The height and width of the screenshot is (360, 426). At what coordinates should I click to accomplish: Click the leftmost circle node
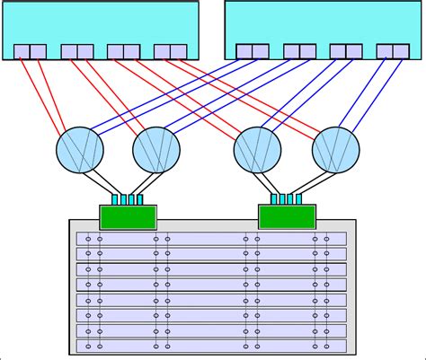(x=80, y=149)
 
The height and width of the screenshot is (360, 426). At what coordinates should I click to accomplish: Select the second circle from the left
(x=156, y=149)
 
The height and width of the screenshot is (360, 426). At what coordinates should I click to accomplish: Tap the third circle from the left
(x=258, y=149)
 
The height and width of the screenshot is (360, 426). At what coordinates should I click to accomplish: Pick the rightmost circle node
(x=335, y=149)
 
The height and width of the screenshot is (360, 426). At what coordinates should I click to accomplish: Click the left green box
(x=128, y=217)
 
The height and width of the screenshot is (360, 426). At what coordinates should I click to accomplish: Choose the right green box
(x=287, y=217)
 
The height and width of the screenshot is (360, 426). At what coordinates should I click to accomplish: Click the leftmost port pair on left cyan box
(x=30, y=51)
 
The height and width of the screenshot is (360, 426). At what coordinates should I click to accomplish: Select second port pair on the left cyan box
(x=77, y=51)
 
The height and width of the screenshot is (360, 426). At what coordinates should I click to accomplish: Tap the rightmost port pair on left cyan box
(x=170, y=51)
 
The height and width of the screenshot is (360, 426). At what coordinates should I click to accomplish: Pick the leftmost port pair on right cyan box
(x=252, y=51)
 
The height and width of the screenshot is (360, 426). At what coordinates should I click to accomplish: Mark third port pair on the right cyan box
(x=345, y=51)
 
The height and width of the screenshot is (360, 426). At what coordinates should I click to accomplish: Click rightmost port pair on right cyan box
(x=392, y=51)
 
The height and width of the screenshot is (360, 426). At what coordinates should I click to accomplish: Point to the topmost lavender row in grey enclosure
(x=211, y=239)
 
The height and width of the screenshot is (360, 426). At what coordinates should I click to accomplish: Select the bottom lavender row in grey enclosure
(x=211, y=346)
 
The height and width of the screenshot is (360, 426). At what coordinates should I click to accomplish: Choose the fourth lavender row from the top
(x=211, y=285)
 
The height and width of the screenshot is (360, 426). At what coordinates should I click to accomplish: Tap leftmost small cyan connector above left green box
(x=115, y=198)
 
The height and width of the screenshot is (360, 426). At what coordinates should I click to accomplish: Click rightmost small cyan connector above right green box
(x=298, y=198)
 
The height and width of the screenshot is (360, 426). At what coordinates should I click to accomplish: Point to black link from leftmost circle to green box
(x=98, y=183)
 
